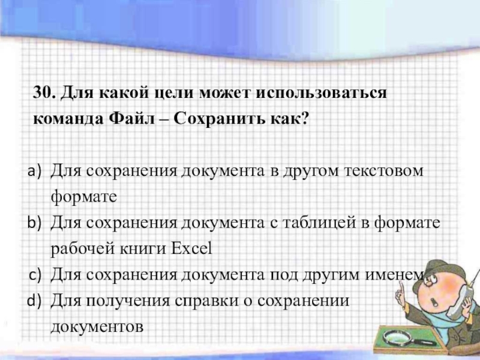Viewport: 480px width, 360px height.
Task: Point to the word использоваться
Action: pos(322,92)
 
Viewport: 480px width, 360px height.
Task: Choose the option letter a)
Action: pos(34,171)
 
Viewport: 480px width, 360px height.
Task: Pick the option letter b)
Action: pos(34,223)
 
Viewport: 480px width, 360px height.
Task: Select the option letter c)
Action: pos(35,275)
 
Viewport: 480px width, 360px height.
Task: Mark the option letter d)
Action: pos(34,301)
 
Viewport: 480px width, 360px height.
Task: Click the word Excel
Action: pos(191,248)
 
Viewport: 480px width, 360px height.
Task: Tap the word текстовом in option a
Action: pos(384,171)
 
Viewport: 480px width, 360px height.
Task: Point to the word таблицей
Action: pos(319,223)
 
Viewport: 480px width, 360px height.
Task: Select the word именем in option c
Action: pos(395,275)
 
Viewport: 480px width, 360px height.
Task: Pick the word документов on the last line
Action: pos(97,326)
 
